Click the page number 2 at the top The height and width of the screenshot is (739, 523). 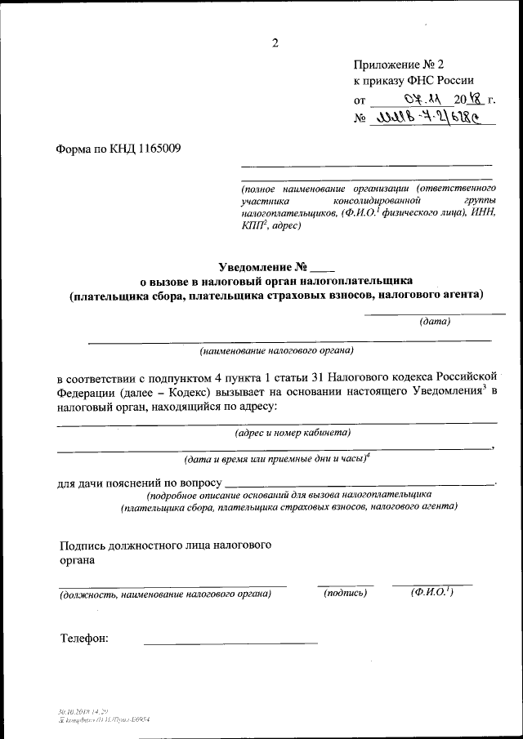tap(275, 43)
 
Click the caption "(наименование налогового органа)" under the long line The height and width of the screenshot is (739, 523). tap(278, 351)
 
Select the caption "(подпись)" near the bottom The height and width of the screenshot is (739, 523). tap(346, 592)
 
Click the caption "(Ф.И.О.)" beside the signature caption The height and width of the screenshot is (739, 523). tap(433, 592)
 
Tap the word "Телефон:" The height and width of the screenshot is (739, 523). tap(84, 638)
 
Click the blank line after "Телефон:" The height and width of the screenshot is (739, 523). tap(230, 643)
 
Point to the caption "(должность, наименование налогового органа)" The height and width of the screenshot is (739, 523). tap(165, 594)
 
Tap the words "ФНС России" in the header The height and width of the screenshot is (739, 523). tap(440, 82)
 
